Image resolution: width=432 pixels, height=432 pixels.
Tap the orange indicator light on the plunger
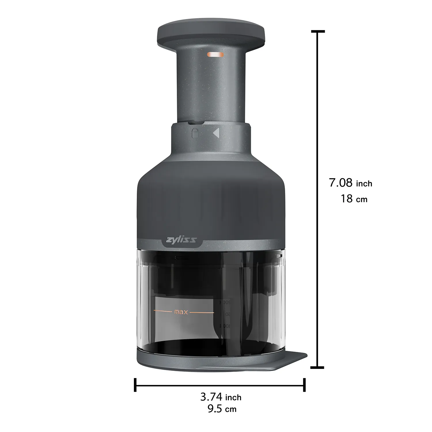pos(215,54)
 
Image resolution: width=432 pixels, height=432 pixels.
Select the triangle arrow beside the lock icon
pos(216,133)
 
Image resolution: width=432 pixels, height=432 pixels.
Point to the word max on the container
pos(181,312)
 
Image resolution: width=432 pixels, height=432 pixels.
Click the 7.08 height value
pos(341,183)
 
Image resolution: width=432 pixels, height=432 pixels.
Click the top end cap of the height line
pos(318,31)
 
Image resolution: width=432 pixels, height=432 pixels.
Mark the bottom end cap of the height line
pos(318,367)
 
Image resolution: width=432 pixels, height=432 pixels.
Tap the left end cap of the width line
pos(135,385)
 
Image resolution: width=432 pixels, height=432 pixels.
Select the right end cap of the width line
pos(304,385)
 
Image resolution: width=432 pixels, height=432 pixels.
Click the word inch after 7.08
pos(364,184)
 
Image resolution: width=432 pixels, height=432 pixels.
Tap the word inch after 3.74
pos(233,398)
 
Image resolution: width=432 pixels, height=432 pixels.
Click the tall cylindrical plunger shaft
pos(211,86)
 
